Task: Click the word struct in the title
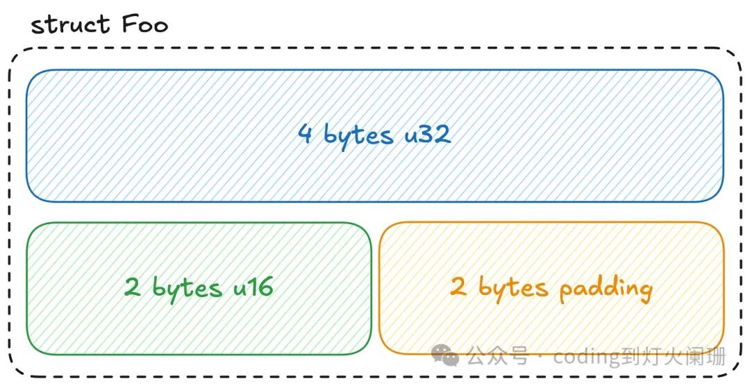click(x=70, y=25)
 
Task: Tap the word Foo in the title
click(x=144, y=25)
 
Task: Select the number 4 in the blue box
click(x=305, y=133)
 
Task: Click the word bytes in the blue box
click(x=358, y=135)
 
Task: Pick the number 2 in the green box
click(x=132, y=287)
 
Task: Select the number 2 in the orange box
click(x=458, y=286)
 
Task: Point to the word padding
click(x=606, y=289)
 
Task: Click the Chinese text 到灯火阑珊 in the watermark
click(x=677, y=356)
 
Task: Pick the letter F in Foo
click(x=130, y=25)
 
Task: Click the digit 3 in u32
click(x=427, y=133)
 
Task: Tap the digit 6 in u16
click(x=263, y=286)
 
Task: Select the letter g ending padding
click(x=644, y=292)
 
